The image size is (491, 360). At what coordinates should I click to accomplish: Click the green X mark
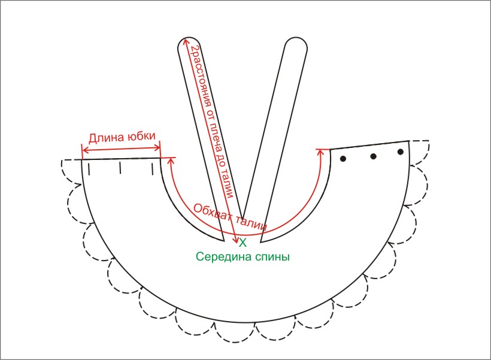pos(243,243)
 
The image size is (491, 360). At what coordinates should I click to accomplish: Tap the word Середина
pos(221,257)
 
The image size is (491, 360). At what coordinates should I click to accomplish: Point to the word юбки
pos(143,137)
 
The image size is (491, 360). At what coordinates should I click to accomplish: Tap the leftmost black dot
pos(344,159)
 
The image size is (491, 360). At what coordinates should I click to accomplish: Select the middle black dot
pos(373,156)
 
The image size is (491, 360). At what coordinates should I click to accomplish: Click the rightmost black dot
pos(401,152)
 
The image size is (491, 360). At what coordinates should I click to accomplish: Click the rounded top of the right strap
pos(296,46)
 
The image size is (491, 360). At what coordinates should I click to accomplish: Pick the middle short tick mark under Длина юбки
pos(120,167)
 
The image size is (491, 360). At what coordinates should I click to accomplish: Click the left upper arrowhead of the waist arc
pos(171,160)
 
